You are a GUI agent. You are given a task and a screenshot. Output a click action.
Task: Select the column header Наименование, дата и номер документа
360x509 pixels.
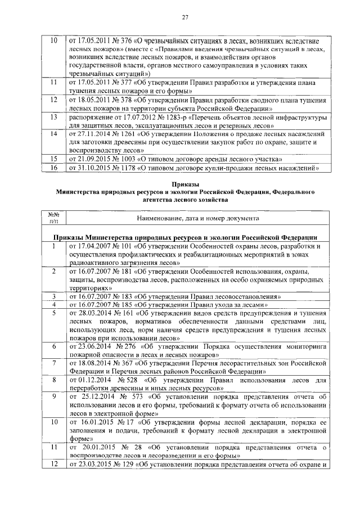pyautogui.click(x=196, y=217)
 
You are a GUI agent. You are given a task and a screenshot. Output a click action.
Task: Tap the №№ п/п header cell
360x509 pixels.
pyautogui.click(x=54, y=218)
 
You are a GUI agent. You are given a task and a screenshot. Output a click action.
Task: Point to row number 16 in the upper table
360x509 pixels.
pyautogui.click(x=54, y=168)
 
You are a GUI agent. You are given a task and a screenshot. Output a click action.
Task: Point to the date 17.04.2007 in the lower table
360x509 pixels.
pyautogui.click(x=91, y=246)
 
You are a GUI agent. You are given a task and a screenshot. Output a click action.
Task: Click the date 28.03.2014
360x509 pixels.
pyautogui.click(x=91, y=313)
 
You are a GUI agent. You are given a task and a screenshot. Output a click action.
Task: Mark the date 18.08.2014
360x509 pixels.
pyautogui.click(x=91, y=364)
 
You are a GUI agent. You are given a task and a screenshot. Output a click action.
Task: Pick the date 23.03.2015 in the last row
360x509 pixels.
pyautogui.click(x=91, y=465)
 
